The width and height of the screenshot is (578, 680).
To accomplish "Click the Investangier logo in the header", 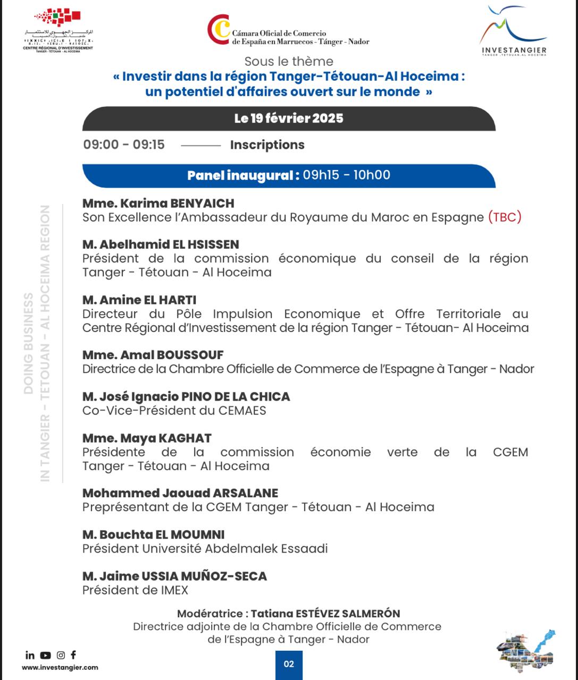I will click(x=513, y=31).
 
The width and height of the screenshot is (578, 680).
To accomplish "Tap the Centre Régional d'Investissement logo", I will click(x=58, y=31).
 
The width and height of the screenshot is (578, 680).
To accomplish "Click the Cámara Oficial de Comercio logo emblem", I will click(x=219, y=30).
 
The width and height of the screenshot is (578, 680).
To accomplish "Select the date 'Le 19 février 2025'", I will click(x=289, y=118).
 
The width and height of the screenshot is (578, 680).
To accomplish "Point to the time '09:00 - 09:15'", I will click(x=124, y=144).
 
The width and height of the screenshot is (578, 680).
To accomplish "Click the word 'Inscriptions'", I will click(x=267, y=145).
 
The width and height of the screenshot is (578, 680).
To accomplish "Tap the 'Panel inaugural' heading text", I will click(x=242, y=175).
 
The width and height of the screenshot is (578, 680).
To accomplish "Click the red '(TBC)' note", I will click(x=505, y=217).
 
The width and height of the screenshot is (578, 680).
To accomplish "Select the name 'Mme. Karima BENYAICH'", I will click(x=158, y=203).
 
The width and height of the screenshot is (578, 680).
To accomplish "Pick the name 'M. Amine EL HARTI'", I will click(x=139, y=300).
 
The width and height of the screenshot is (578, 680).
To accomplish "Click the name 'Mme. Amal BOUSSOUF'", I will click(x=153, y=355).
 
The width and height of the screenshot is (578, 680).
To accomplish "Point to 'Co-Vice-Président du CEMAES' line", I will click(x=174, y=411).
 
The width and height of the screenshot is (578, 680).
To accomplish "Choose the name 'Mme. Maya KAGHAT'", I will click(x=147, y=438).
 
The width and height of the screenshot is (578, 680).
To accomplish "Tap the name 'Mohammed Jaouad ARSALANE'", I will click(x=180, y=493).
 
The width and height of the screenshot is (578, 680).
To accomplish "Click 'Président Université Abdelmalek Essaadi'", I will click(x=205, y=549).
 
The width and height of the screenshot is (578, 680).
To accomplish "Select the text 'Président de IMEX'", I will click(x=135, y=590).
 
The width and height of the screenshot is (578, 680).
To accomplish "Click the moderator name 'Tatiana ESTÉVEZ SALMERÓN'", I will click(x=325, y=614).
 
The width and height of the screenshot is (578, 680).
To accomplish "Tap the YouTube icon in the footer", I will click(x=46, y=656).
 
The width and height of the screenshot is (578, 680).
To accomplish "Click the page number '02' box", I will click(x=289, y=664).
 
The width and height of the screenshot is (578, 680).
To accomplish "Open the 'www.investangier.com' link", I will click(x=60, y=668).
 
